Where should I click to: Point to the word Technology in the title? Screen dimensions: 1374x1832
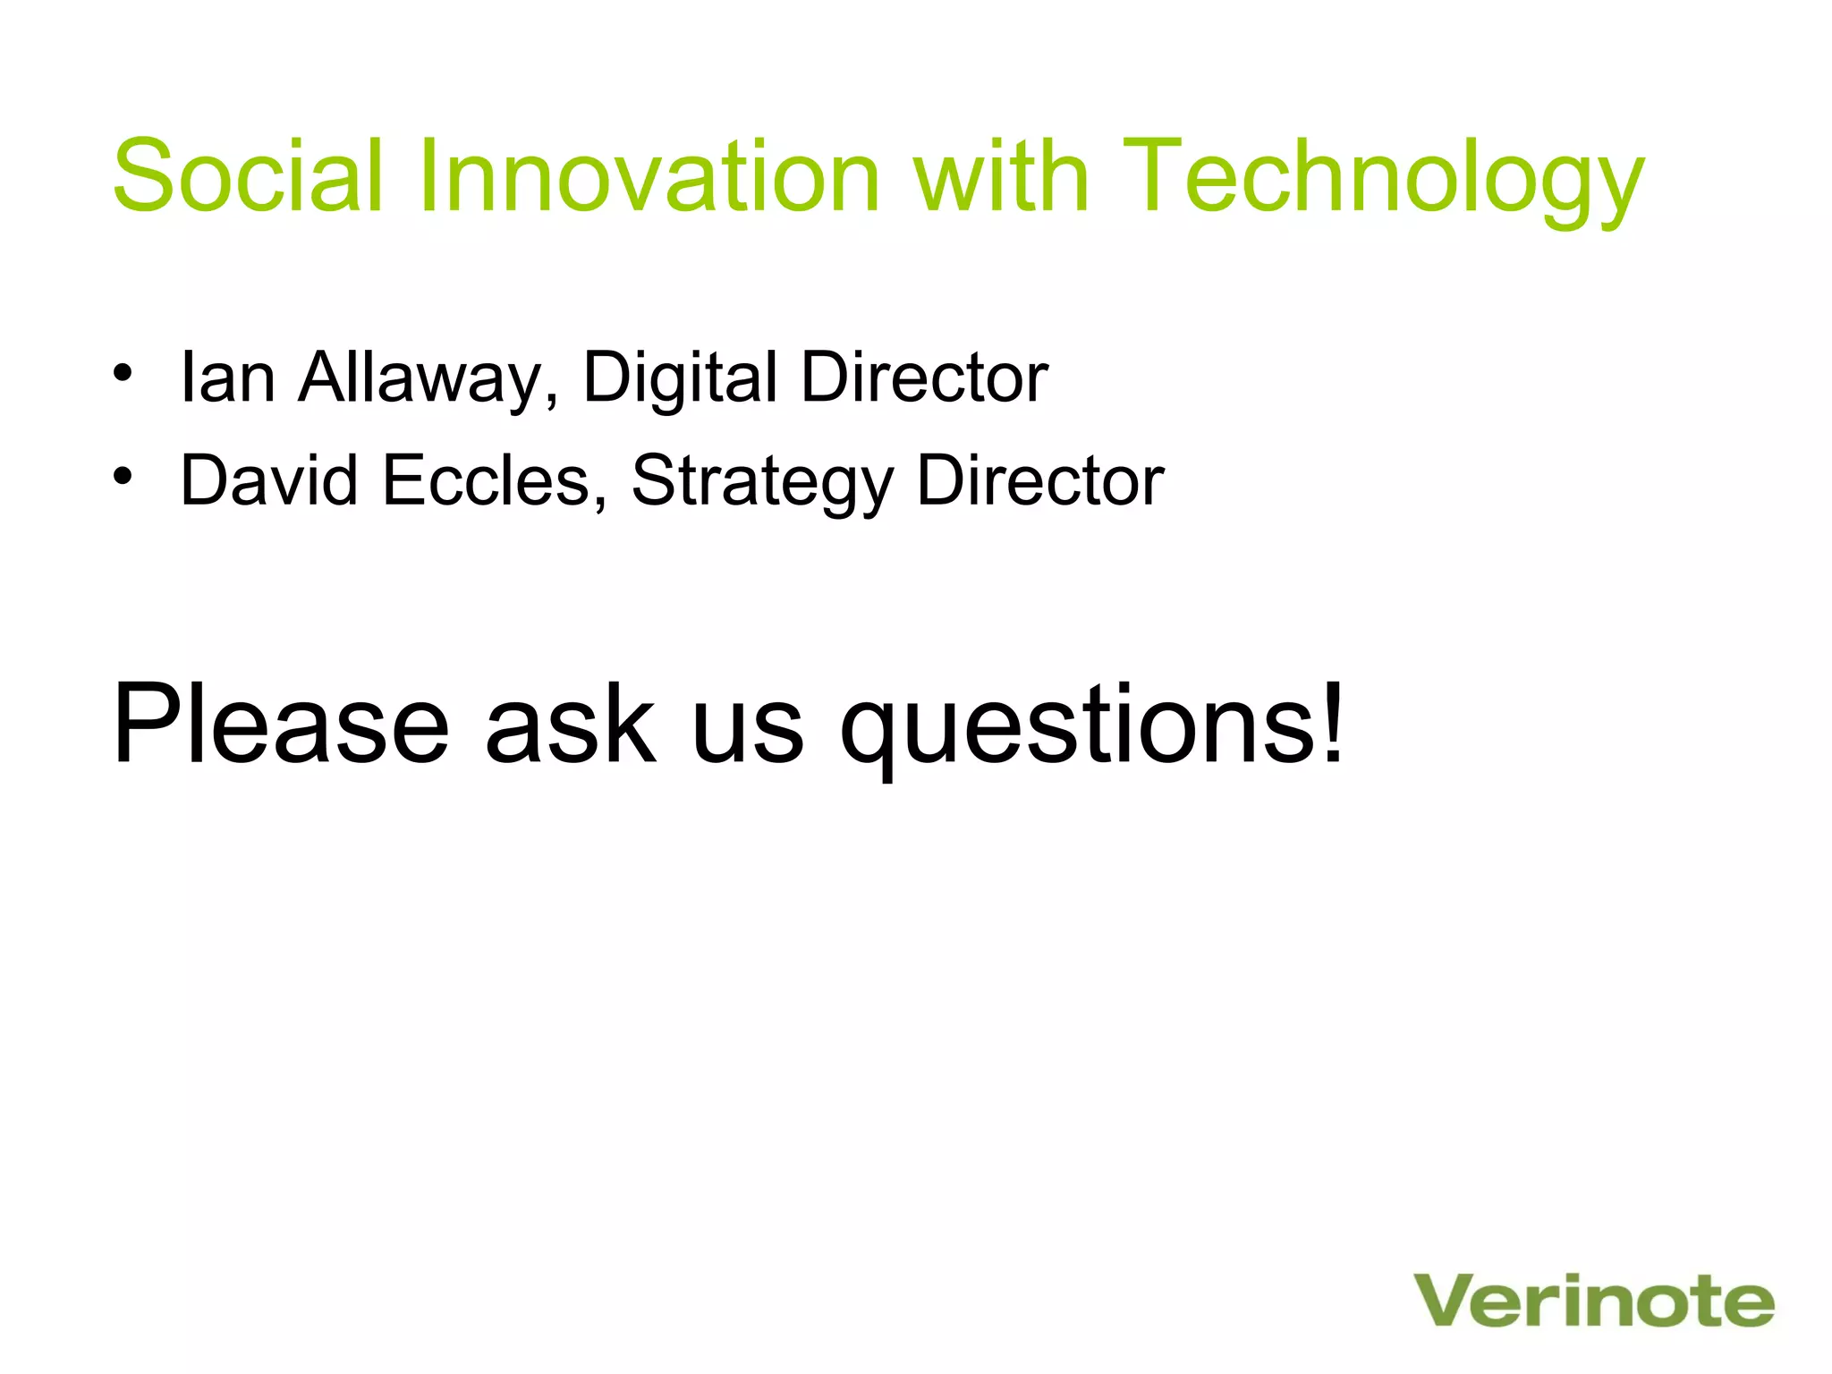tap(1382, 183)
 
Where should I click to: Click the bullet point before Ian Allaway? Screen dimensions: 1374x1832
tap(123, 372)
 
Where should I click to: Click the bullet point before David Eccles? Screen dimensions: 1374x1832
tap(123, 475)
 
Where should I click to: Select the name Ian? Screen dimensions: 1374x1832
tap(227, 377)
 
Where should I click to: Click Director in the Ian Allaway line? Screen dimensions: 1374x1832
tap(924, 377)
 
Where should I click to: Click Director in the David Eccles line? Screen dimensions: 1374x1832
tap(1040, 480)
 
